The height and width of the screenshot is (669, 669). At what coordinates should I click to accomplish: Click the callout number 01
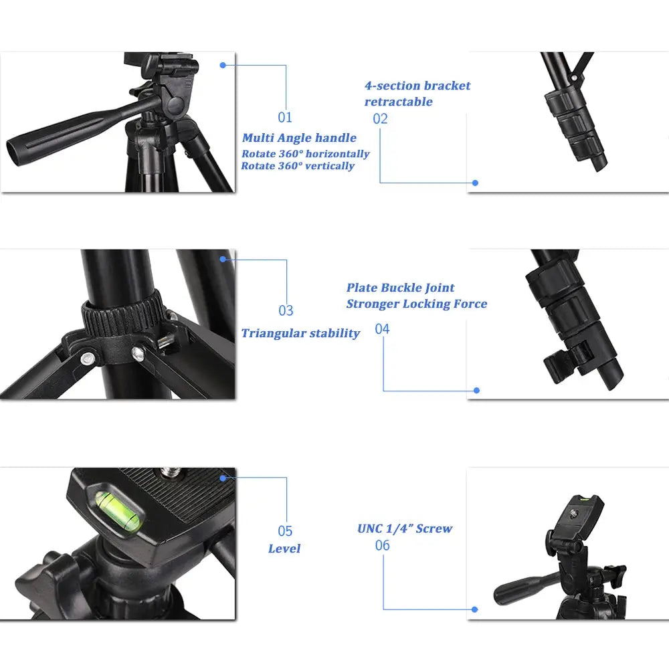pyautogui.click(x=286, y=118)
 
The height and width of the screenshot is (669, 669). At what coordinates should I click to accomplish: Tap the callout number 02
pyautogui.click(x=380, y=119)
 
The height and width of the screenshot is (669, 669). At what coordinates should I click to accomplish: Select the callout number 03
pyautogui.click(x=286, y=310)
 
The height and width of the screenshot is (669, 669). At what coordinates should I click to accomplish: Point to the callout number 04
pyautogui.click(x=382, y=328)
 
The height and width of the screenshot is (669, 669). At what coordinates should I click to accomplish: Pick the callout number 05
pyautogui.click(x=286, y=531)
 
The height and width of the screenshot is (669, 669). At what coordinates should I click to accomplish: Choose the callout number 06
pyautogui.click(x=382, y=545)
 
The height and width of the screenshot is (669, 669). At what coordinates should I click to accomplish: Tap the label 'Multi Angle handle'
pyautogui.click(x=299, y=138)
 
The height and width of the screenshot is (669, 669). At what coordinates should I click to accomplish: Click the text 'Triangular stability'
pyautogui.click(x=300, y=333)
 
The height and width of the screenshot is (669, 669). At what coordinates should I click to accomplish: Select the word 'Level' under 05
pyautogui.click(x=284, y=549)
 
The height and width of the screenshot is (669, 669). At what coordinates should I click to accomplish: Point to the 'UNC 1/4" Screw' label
pyautogui.click(x=405, y=529)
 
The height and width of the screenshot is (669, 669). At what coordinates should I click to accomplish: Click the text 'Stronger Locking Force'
pyautogui.click(x=416, y=304)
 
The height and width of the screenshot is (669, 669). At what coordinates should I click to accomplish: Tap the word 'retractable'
pyautogui.click(x=398, y=102)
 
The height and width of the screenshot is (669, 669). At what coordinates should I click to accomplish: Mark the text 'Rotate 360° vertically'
pyautogui.click(x=298, y=166)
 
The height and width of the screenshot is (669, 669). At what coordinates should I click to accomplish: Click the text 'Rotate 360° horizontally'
pyautogui.click(x=305, y=154)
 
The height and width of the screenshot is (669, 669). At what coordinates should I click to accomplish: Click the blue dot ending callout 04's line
pyautogui.click(x=476, y=390)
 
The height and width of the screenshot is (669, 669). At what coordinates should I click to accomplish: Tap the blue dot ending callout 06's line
pyautogui.click(x=474, y=609)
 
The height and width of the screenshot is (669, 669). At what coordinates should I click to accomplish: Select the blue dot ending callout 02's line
pyautogui.click(x=475, y=182)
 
